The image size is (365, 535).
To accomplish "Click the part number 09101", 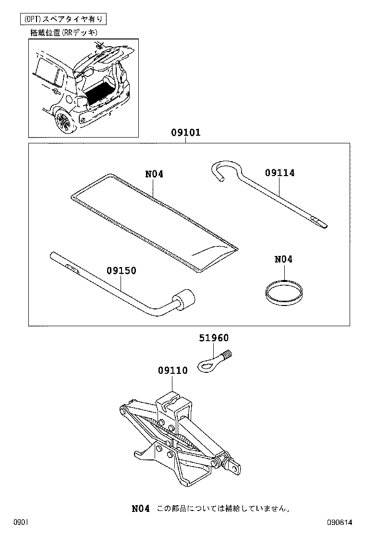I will (185, 132).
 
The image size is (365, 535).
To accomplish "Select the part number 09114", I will (280, 173).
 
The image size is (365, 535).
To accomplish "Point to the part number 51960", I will (214, 338).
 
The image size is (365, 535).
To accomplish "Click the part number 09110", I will (172, 370).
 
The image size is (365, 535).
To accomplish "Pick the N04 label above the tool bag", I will (154, 174).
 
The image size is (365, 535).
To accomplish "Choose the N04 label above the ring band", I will (283, 259).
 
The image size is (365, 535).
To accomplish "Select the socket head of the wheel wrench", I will (184, 300).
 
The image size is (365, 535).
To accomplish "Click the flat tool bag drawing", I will (154, 221).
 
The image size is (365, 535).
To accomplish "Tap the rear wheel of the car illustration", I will (64, 122).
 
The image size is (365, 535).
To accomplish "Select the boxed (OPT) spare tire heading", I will (62, 19).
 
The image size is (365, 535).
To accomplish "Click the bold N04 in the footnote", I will (141, 508).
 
